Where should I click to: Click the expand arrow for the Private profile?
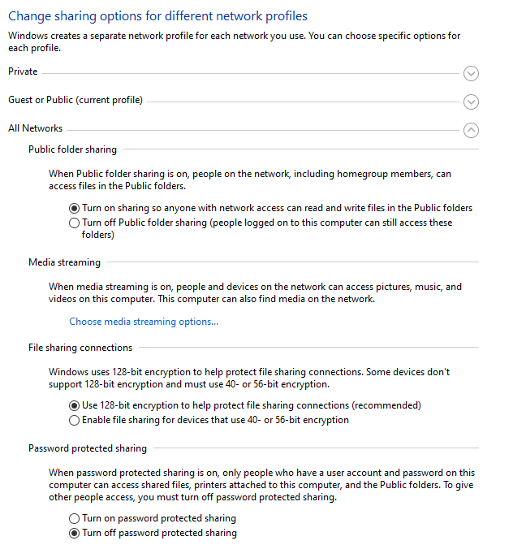click(471, 74)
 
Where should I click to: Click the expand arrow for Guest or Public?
click(471, 102)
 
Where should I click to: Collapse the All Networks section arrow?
click(471, 130)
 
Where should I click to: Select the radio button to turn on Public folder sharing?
click(75, 208)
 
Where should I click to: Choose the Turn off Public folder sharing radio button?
click(75, 223)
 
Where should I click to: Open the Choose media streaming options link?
click(144, 322)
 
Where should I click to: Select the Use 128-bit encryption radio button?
click(75, 405)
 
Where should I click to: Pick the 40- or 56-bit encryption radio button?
click(75, 421)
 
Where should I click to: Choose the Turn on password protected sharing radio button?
click(75, 518)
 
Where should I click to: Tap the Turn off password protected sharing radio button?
click(75, 534)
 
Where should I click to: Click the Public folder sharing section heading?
click(72, 149)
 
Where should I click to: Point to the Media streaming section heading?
click(64, 262)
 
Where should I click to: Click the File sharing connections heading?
click(80, 348)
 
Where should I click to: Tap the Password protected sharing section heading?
click(88, 448)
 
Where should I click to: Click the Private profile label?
click(23, 71)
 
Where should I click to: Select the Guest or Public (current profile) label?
click(75, 100)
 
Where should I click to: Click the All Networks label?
click(35, 128)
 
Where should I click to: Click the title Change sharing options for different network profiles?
click(157, 15)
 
